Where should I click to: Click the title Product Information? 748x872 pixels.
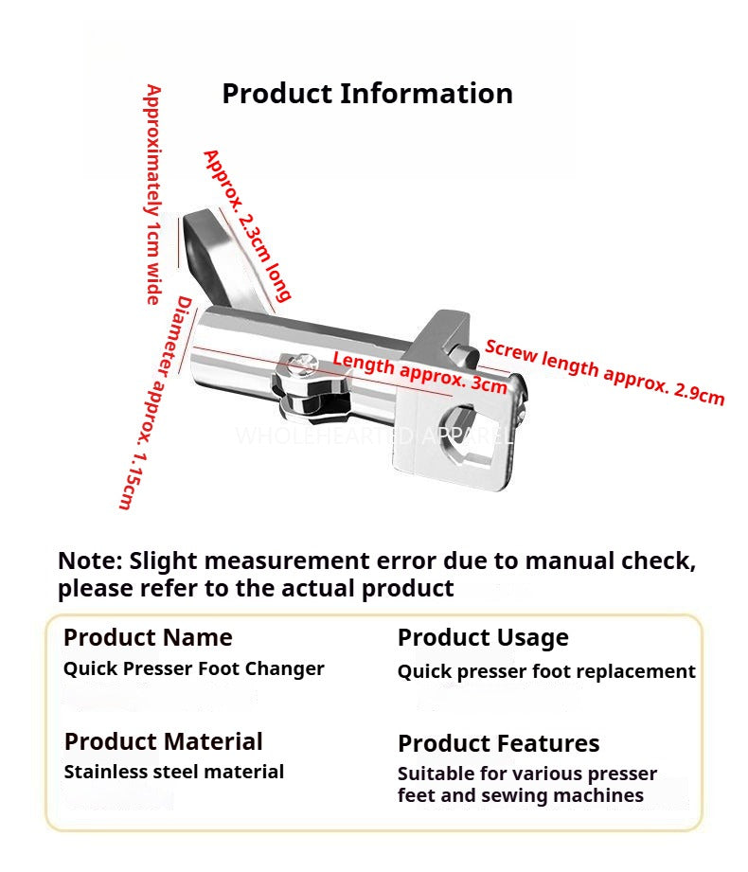click(x=367, y=94)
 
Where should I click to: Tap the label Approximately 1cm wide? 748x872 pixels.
click(x=153, y=195)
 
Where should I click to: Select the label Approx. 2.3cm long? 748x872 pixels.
click(x=247, y=225)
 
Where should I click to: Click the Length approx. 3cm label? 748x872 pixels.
click(x=419, y=373)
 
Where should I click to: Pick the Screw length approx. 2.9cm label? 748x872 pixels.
click(x=605, y=372)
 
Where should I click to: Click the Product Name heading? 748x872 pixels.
click(x=148, y=637)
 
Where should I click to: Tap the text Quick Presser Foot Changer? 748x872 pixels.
click(x=194, y=668)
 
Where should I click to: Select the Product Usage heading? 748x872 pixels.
click(x=483, y=638)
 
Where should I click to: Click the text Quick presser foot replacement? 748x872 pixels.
click(x=546, y=672)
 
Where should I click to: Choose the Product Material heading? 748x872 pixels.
click(x=164, y=741)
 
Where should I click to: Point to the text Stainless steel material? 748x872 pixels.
click(x=174, y=772)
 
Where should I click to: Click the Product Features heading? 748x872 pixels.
click(x=499, y=743)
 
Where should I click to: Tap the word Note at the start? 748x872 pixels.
click(x=90, y=561)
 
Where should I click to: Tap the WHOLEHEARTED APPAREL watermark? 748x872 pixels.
click(x=375, y=436)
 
